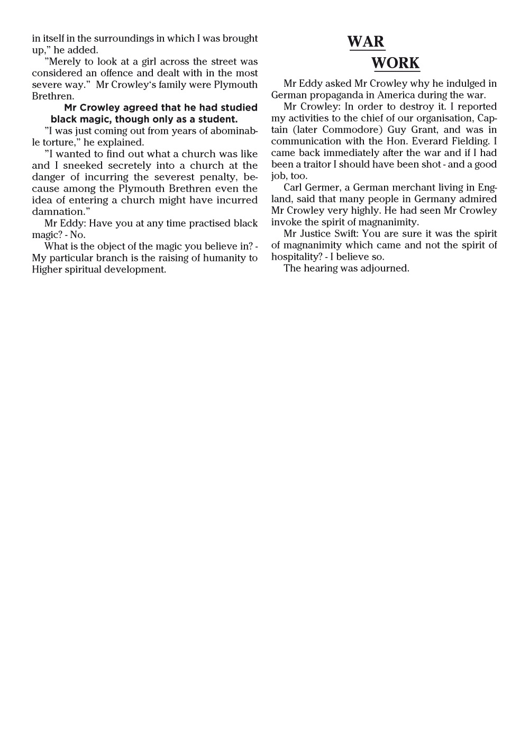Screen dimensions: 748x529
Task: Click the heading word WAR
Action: [x=366, y=42]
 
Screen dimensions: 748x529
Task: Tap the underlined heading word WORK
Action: [x=395, y=63]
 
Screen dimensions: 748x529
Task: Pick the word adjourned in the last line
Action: [x=385, y=268]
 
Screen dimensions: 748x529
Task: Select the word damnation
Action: [x=58, y=212]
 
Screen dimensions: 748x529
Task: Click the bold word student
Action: [x=217, y=119]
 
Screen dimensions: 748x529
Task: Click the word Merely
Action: [x=65, y=62]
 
